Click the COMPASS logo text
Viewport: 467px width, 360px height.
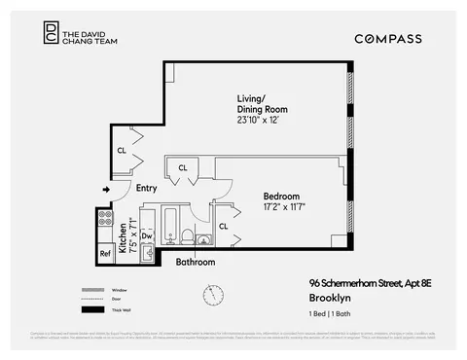pyautogui.click(x=387, y=38)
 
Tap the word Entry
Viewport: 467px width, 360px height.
pyautogui.click(x=147, y=189)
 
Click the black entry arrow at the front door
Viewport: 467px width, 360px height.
pyautogui.click(x=106, y=189)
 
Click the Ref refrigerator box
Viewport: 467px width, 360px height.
pyautogui.click(x=105, y=253)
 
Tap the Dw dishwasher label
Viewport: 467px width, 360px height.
pyautogui.click(x=147, y=234)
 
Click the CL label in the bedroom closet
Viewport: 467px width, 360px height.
pyautogui.click(x=222, y=226)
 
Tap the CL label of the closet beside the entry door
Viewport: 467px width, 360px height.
pyautogui.click(x=121, y=151)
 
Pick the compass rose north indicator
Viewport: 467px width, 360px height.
pyautogui.click(x=213, y=293)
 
